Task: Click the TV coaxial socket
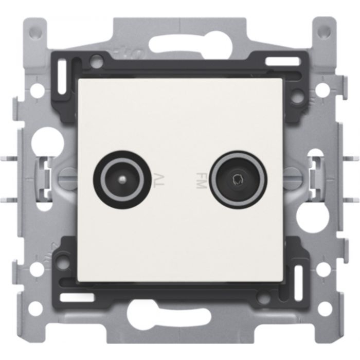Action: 118,179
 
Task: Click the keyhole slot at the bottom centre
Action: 179,319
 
